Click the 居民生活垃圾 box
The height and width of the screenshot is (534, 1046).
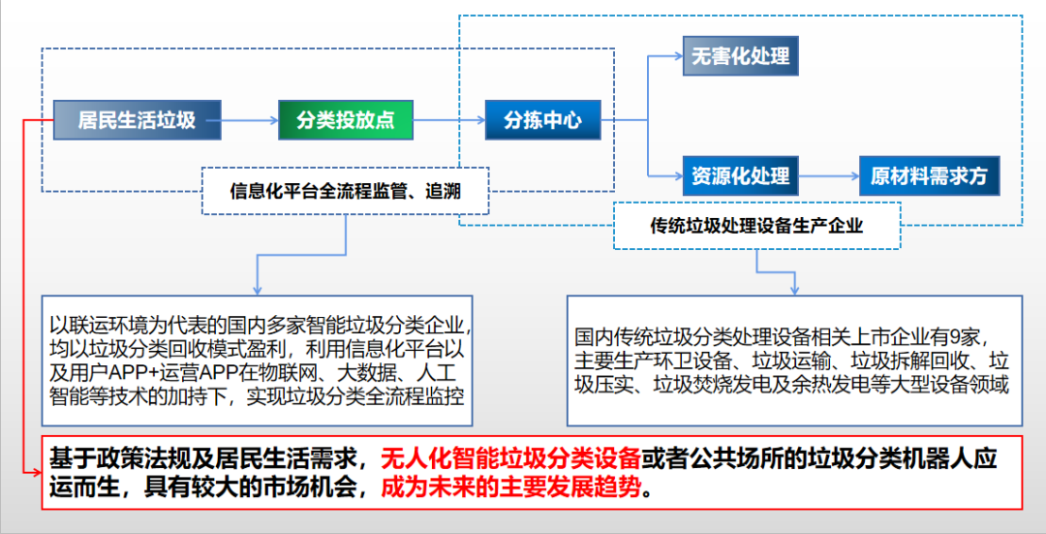coord(137,120)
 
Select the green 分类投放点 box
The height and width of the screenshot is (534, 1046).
coord(345,120)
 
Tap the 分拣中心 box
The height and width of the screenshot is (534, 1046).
coord(542,120)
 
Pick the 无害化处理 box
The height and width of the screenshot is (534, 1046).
coord(740,55)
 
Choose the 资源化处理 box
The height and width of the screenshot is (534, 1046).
coord(740,176)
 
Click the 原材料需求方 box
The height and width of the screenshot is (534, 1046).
coord(928,176)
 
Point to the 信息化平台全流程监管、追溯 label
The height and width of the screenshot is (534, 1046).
coord(345,191)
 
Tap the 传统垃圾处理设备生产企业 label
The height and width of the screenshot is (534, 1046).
coord(756,226)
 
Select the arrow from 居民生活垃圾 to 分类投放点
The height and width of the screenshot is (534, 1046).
coord(250,120)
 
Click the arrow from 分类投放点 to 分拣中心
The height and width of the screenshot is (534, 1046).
coord(448,120)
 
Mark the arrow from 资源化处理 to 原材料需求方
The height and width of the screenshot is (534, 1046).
coord(828,176)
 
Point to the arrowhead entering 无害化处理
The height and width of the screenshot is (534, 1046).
coord(677,55)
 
